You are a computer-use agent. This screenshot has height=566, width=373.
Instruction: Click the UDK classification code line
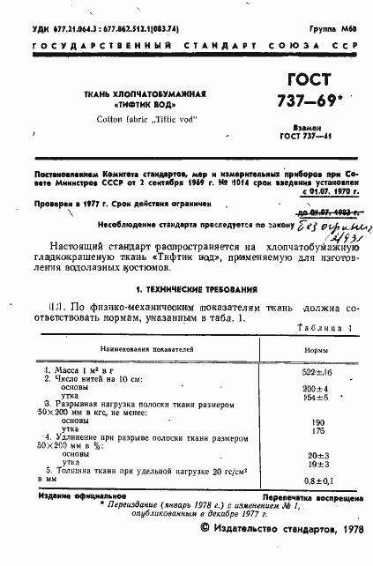pyautogui.click(x=93, y=28)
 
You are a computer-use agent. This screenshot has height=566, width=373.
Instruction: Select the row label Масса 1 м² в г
pyautogui.click(x=76, y=373)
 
